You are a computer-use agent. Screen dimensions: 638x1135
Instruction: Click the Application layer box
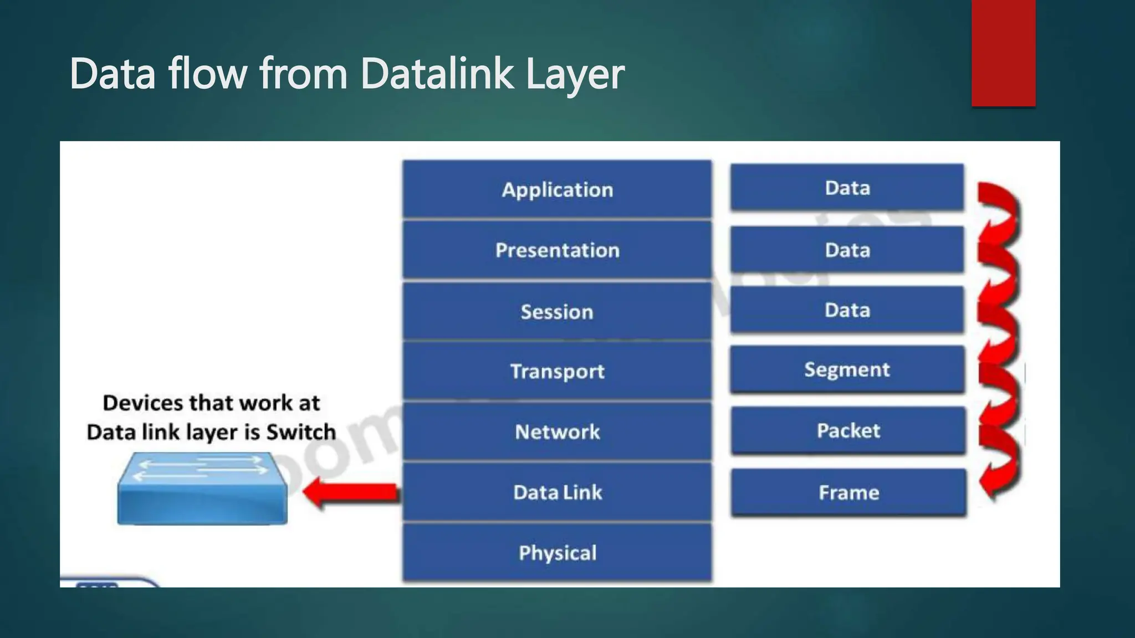click(557, 189)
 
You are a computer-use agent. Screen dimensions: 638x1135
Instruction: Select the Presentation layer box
click(557, 250)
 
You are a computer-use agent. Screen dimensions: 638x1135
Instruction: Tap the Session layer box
click(557, 311)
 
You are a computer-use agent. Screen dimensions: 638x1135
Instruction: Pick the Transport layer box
click(557, 371)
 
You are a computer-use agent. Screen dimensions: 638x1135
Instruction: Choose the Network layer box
click(557, 431)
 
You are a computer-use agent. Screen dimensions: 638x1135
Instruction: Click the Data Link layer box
click(557, 492)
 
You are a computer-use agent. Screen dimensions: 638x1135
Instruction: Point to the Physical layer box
click(557, 553)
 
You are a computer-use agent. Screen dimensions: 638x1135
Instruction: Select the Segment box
click(847, 369)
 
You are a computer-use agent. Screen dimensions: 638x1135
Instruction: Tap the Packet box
click(848, 430)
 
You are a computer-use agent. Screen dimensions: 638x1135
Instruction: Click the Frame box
click(848, 492)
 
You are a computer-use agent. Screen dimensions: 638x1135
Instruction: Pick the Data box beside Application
click(847, 188)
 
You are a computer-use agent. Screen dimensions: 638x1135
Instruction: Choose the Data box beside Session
click(847, 310)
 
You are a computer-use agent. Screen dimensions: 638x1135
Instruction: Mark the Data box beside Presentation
click(847, 250)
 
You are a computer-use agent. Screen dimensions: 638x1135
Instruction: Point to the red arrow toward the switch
click(351, 492)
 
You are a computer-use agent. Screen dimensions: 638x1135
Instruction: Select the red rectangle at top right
click(1003, 53)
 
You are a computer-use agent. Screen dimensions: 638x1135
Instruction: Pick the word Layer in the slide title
click(575, 74)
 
